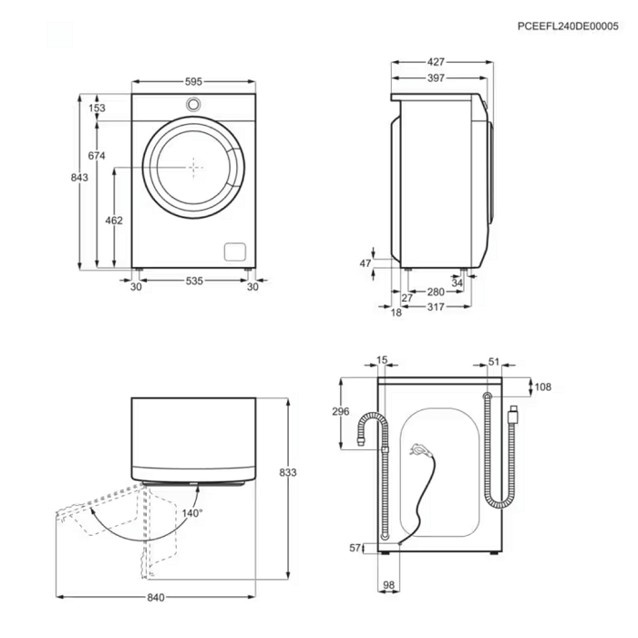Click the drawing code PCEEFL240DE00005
pyautogui.click(x=568, y=26)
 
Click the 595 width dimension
pyautogui.click(x=193, y=82)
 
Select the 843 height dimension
pyautogui.click(x=79, y=178)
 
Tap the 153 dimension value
pyautogui.click(x=97, y=108)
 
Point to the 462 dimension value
pyautogui.click(x=114, y=221)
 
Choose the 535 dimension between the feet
pyautogui.click(x=194, y=281)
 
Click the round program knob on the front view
pyautogui.click(x=193, y=104)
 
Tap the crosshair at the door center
pyautogui.click(x=193, y=167)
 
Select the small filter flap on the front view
pyautogui.click(x=235, y=252)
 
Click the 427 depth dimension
pyautogui.click(x=436, y=62)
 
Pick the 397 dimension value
pyautogui.click(x=436, y=78)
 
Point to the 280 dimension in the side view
pyautogui.click(x=436, y=292)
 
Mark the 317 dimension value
pyautogui.click(x=436, y=307)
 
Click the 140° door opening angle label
pyautogui.click(x=192, y=513)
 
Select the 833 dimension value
pyautogui.click(x=288, y=472)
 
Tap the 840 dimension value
pyautogui.click(x=156, y=597)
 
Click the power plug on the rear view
pyautogui.click(x=419, y=450)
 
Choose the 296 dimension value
pyautogui.click(x=341, y=411)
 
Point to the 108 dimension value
pyautogui.click(x=543, y=386)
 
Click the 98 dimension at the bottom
pyautogui.click(x=389, y=585)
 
